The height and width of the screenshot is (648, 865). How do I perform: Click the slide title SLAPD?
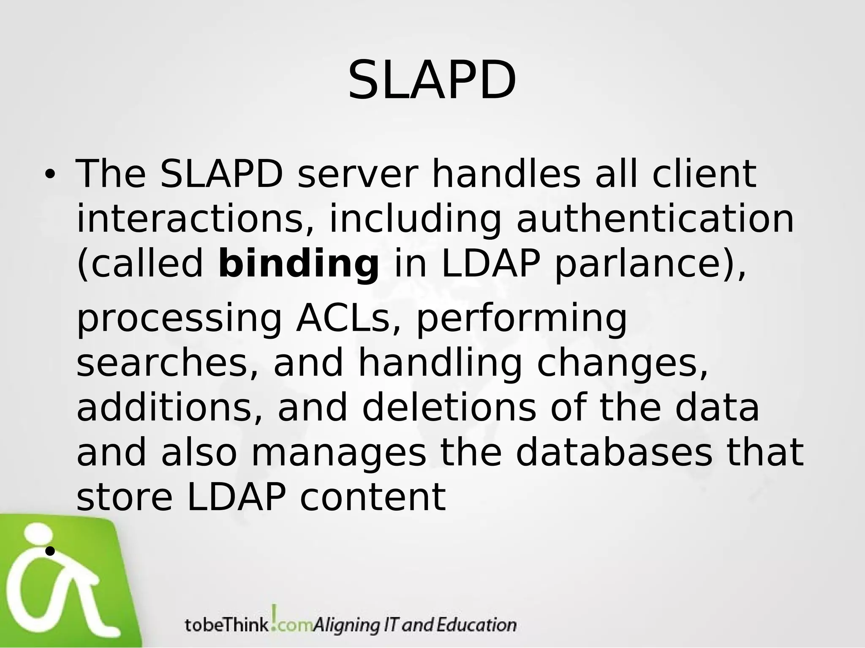(x=432, y=80)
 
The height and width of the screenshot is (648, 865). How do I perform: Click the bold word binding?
(x=299, y=264)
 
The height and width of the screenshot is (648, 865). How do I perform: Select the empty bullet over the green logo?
(x=50, y=551)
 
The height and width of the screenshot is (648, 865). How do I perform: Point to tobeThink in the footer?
(x=227, y=625)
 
